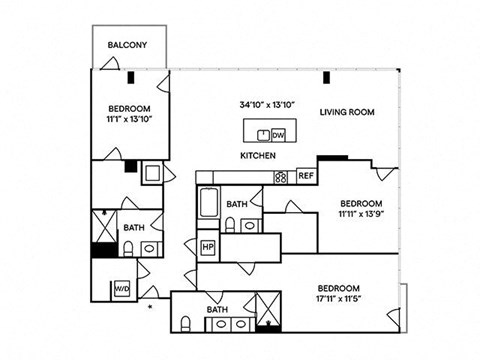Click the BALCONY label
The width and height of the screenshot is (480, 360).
[128, 45]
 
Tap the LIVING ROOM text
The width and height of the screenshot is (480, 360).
[347, 112]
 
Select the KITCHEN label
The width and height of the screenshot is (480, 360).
[258, 156]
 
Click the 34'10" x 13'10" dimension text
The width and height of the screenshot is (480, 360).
[265, 104]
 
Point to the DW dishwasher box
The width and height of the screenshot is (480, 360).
[278, 134]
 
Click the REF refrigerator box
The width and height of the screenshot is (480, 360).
[306, 176]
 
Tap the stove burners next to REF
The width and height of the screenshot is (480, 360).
[282, 177]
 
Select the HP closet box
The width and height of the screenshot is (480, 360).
[209, 246]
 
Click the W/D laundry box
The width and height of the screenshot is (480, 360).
[122, 288]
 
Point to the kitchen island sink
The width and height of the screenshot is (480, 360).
[262, 134]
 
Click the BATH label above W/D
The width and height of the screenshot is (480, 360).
[133, 227]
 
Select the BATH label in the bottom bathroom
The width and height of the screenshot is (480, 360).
[217, 310]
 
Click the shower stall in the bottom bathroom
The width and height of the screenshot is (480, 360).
[268, 311]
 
